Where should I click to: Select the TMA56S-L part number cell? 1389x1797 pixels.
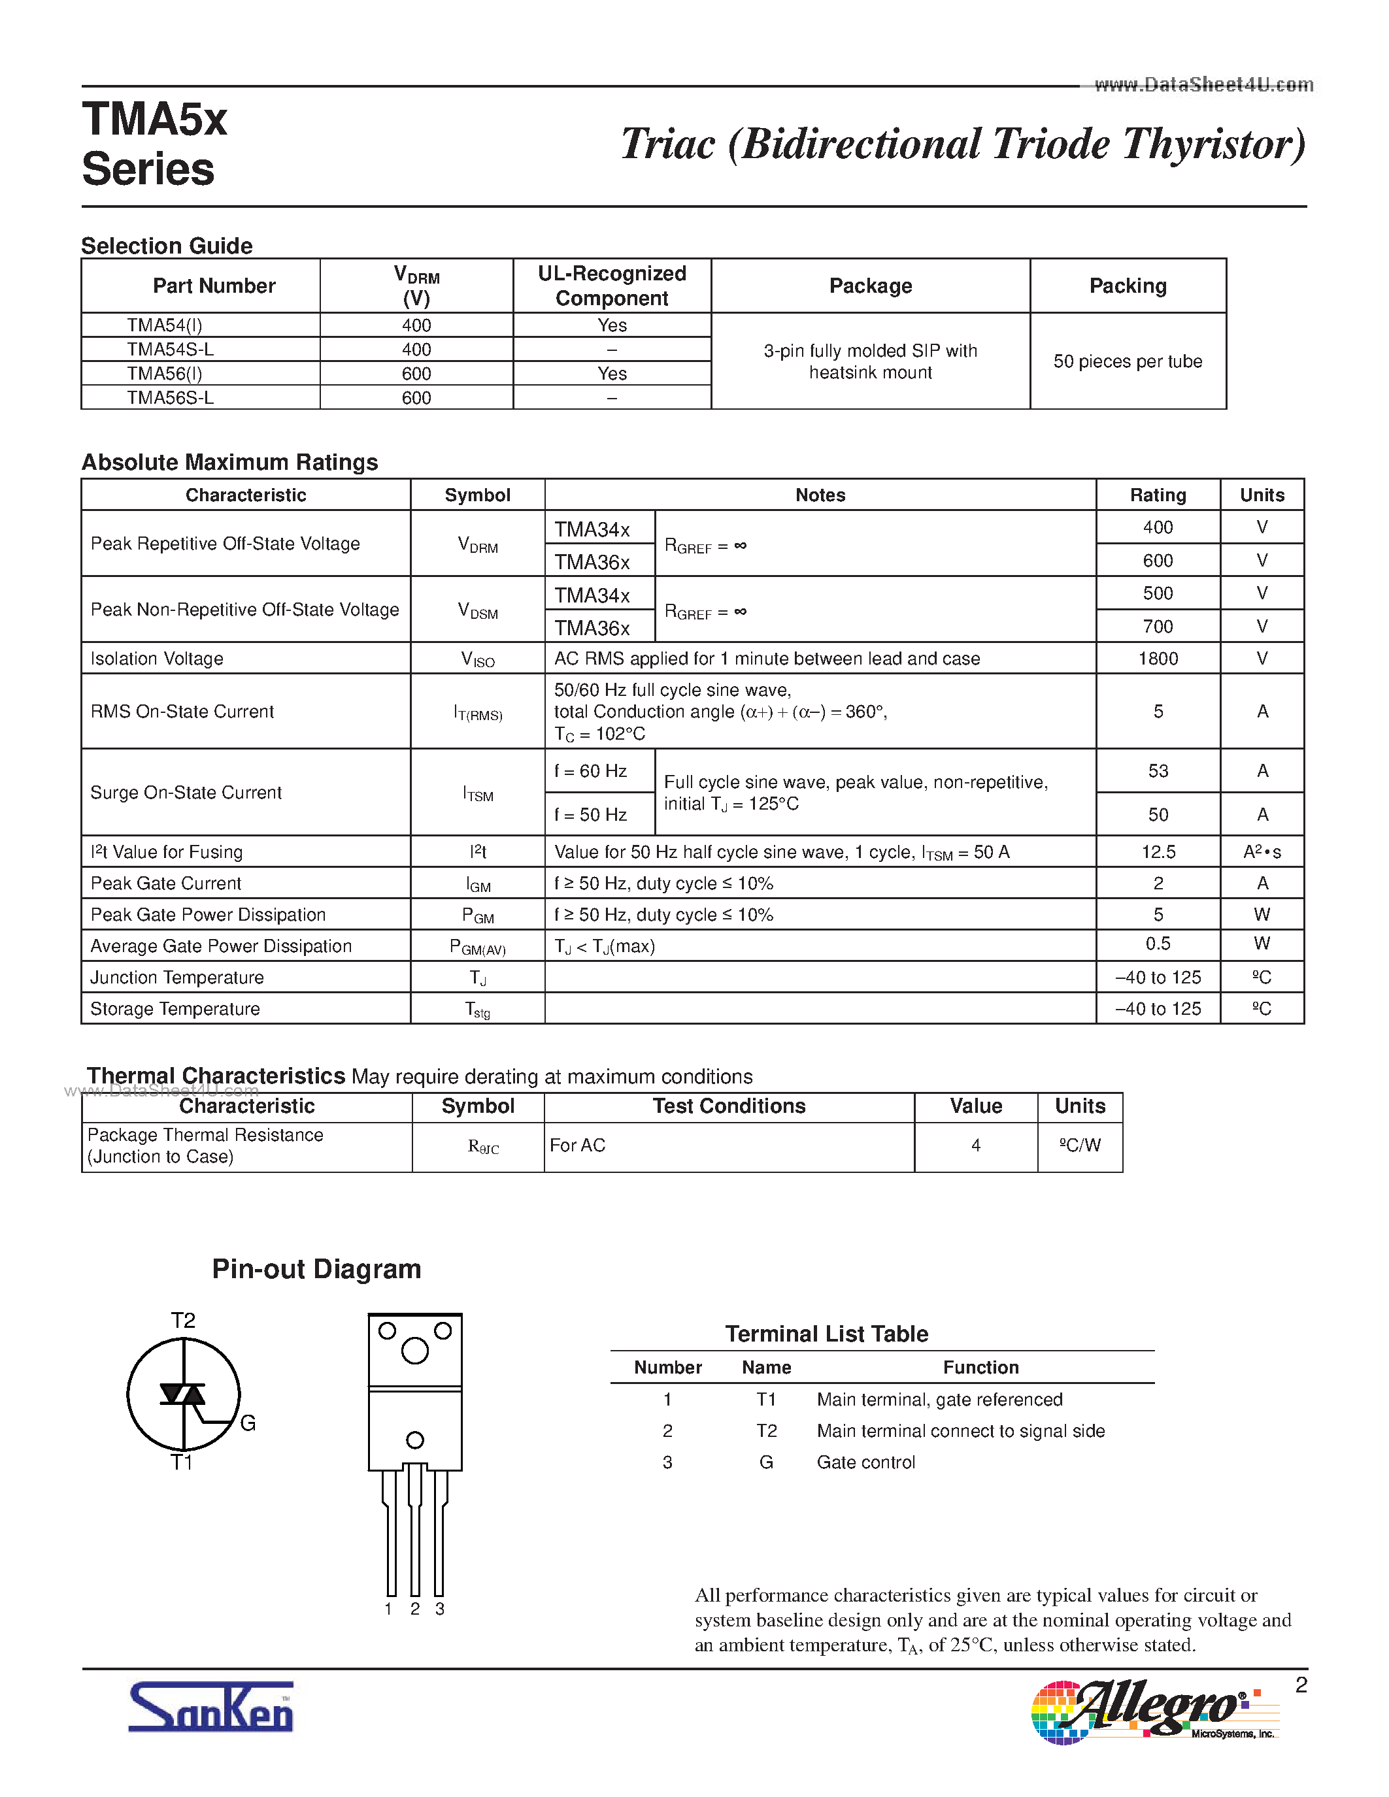pos(171,398)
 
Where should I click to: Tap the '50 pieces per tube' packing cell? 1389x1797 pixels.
pos(1128,361)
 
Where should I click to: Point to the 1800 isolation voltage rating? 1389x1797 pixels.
pos(1158,658)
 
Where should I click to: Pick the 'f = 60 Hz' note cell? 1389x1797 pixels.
pos(591,771)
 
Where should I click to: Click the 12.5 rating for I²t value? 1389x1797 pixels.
pos(1158,851)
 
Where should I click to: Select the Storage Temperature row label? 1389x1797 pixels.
pos(175,1009)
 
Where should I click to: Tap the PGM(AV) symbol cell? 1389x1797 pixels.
pos(477,947)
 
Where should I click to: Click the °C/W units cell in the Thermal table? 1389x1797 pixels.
pos(1080,1146)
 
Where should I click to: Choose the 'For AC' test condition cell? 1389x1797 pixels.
pos(578,1146)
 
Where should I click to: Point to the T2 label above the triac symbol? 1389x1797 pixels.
pos(182,1321)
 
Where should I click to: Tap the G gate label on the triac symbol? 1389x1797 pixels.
pos(248,1423)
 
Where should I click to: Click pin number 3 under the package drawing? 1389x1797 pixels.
pos(441,1609)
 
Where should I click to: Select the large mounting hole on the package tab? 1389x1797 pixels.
pos(414,1350)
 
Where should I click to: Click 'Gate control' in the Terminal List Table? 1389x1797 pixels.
pos(865,1462)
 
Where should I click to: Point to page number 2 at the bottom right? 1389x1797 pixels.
pos(1301,1685)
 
